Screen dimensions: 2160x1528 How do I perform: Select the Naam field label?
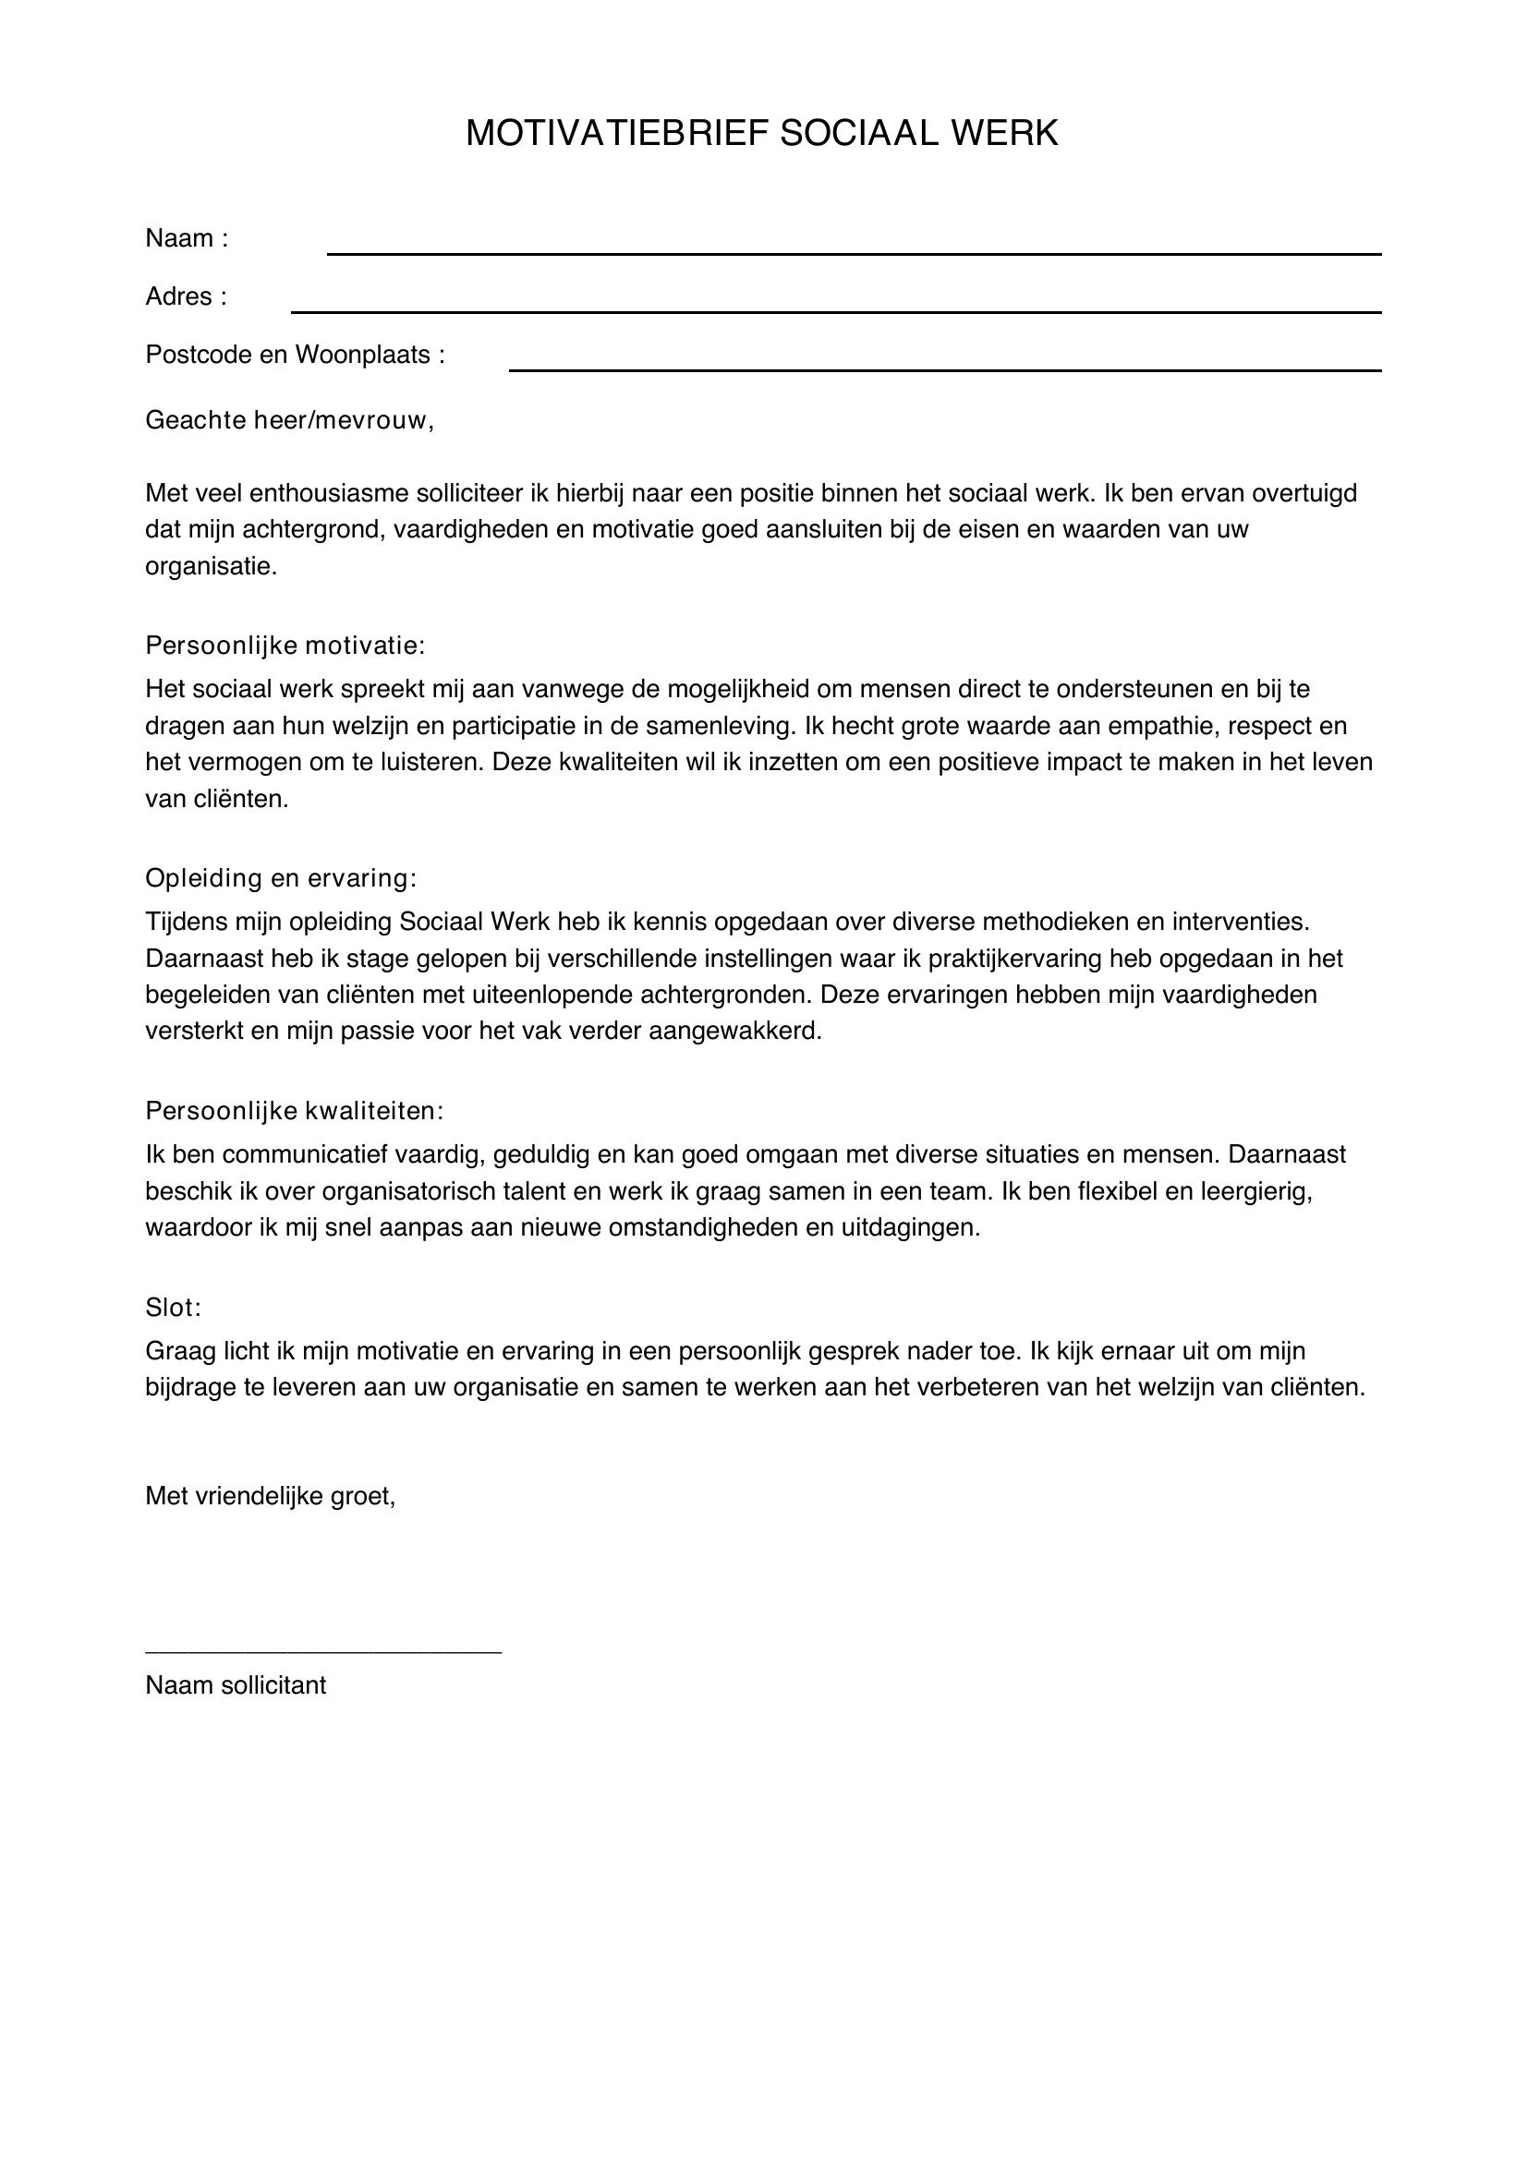tap(187, 239)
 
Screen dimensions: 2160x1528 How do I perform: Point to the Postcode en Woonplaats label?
tap(295, 355)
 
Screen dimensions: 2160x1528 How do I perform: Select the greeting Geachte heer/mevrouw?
tap(289, 420)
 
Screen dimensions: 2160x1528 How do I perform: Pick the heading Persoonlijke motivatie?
tap(285, 646)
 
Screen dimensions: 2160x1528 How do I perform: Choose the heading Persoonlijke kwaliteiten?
tap(294, 1111)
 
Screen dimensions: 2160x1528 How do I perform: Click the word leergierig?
tap(1254, 1192)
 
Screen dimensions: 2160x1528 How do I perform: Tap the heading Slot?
tap(173, 1308)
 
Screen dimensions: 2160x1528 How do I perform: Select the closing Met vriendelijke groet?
tap(270, 1496)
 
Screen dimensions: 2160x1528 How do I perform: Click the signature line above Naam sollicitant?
tap(322, 1651)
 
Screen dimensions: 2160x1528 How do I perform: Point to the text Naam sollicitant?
tap(236, 1685)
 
